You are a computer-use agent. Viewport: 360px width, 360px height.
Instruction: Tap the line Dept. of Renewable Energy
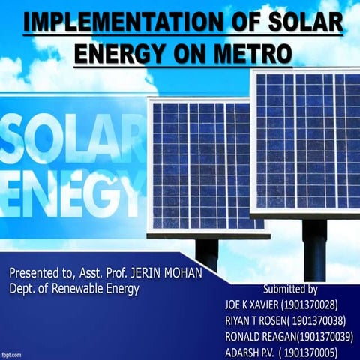75,287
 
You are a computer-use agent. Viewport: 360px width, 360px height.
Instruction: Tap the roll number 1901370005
322,352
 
